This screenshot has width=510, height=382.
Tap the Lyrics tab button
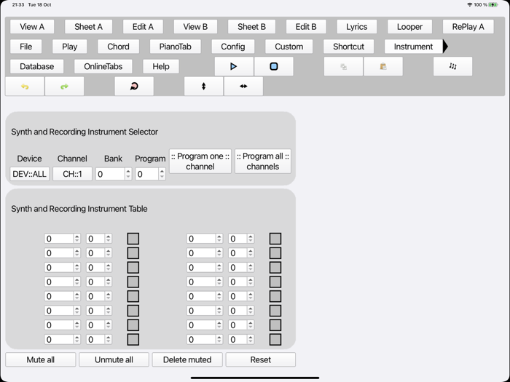(x=357, y=27)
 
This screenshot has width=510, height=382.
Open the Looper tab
(x=409, y=27)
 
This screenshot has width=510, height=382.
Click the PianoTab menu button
(x=175, y=47)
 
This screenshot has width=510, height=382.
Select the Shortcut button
(x=348, y=47)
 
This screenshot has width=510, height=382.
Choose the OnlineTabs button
(x=103, y=66)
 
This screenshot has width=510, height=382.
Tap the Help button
(x=161, y=66)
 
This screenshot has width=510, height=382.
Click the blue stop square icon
(x=274, y=66)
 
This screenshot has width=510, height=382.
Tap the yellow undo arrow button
(x=25, y=86)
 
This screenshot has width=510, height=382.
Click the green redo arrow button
(x=64, y=86)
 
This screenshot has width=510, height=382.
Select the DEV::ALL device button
(x=30, y=175)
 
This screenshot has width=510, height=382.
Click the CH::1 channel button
(x=72, y=175)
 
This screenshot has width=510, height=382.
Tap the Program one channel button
(x=200, y=162)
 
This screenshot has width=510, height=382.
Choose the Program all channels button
(x=263, y=162)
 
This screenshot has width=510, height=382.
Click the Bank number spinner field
(x=110, y=175)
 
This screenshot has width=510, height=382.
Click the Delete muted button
(x=187, y=359)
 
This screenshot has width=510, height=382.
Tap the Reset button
(x=260, y=359)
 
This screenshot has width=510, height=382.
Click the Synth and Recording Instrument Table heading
(x=79, y=209)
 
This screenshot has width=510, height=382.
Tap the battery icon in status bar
(x=495, y=5)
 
